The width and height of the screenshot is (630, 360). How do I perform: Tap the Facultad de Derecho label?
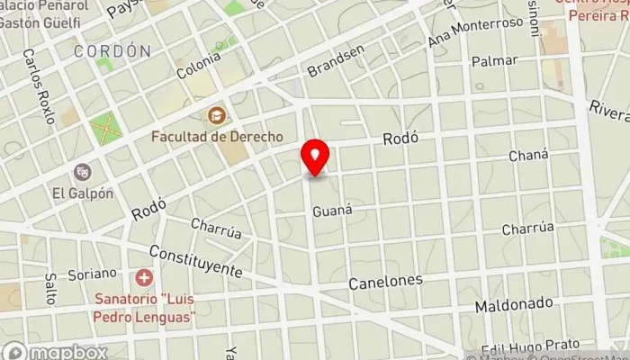pos(217,136)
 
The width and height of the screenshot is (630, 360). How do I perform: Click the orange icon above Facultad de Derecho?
pos(217,115)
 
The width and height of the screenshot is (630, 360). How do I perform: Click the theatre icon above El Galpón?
pos(83,171)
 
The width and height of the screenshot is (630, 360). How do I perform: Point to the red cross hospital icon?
pos(143,277)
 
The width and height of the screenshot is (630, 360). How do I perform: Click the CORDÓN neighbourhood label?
pos(113,51)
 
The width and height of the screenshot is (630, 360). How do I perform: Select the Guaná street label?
pos(331,211)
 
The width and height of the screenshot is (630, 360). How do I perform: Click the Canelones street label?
pos(386,282)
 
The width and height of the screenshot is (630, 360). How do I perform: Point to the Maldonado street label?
pos(514,303)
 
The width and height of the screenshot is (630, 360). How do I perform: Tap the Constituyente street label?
pos(196,261)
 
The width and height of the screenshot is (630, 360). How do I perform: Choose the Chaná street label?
pos(528,156)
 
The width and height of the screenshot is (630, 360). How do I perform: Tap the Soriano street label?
pos(95,272)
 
